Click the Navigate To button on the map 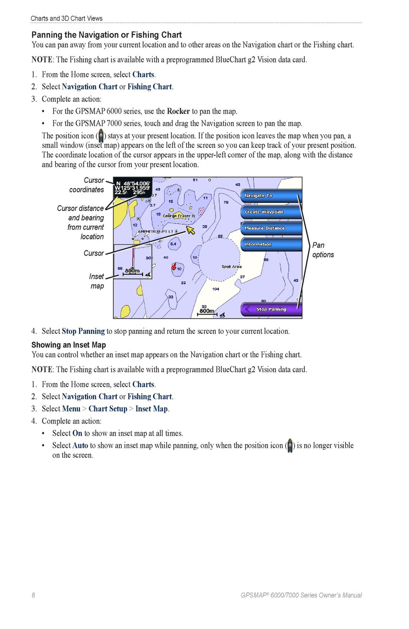pos(271,196)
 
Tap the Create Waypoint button pos(271,212)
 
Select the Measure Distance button pos(271,228)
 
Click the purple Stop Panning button pos(271,309)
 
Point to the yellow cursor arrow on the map pos(191,230)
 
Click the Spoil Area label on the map pos(231,266)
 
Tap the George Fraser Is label pos(179,216)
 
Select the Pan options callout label pos(323,250)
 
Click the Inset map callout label pos(97,281)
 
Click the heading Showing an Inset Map pos(69,345)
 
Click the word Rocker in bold pos(178,111)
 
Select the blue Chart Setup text pos(108,409)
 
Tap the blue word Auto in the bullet pos(80,445)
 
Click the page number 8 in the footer pos(33,595)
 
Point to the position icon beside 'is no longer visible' pos(290,446)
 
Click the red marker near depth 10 pos(174,266)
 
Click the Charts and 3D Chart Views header pos(66,18)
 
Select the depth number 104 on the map pos(216,289)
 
